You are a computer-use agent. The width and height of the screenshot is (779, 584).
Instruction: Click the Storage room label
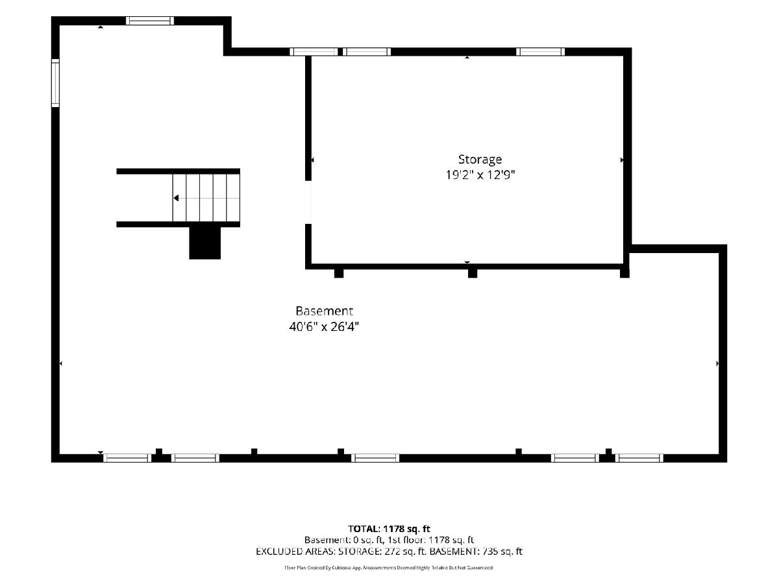(480, 160)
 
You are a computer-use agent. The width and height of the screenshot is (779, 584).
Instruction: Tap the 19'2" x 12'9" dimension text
(480, 175)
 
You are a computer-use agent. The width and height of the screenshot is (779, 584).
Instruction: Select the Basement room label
(324, 311)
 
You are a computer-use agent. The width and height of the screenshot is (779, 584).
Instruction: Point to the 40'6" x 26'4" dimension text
(324, 326)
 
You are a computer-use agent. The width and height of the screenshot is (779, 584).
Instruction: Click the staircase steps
(206, 197)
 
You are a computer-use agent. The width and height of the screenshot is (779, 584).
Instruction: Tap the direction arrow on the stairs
(176, 198)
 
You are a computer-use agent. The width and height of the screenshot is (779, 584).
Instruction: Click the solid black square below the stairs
(204, 243)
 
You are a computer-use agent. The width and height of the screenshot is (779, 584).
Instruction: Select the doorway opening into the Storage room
(308, 202)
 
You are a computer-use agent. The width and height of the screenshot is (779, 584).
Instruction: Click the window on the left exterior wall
(55, 83)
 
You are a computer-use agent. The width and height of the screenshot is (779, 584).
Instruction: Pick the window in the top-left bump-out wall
(150, 21)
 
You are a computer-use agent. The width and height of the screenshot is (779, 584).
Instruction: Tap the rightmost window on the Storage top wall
(540, 52)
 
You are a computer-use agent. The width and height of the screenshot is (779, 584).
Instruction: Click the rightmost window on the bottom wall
(639, 457)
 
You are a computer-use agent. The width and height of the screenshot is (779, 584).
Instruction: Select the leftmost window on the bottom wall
(127, 457)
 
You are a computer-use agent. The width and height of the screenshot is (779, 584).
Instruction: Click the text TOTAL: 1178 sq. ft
(389, 529)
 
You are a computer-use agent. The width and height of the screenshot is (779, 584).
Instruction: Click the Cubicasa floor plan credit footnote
(389, 568)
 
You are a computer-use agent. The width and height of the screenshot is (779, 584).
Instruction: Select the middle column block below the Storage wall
(473, 273)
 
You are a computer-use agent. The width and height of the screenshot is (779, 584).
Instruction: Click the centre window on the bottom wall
(375, 457)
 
